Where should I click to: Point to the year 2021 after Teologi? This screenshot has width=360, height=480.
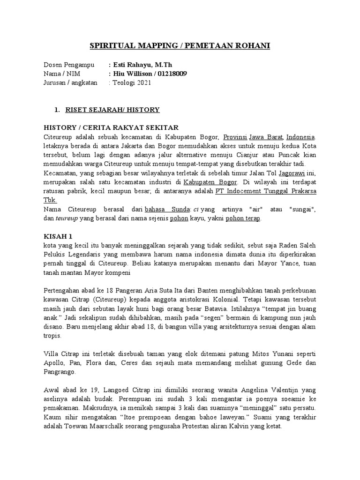(x=142, y=82)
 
